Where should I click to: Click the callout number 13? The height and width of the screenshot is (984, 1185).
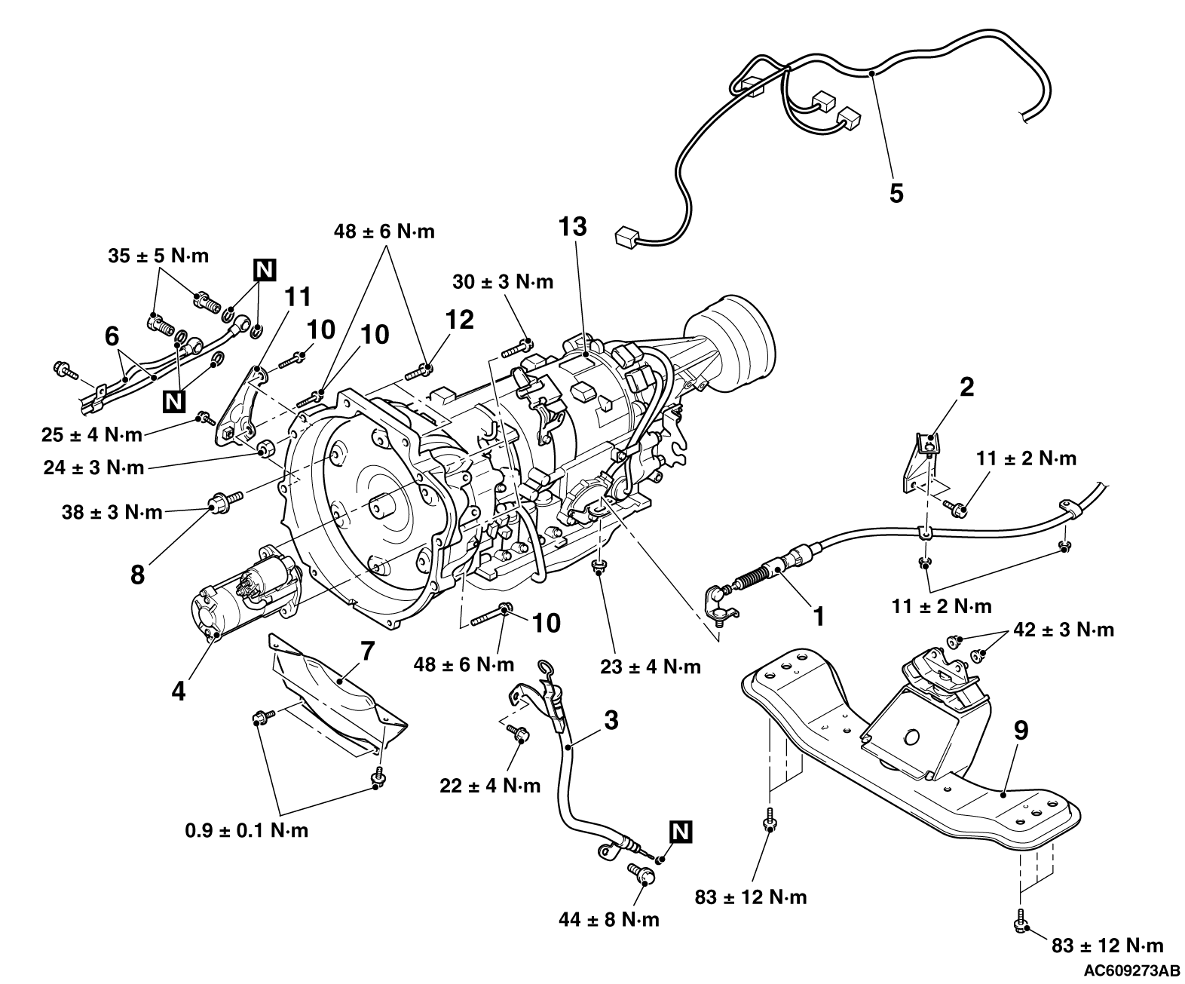coord(572,226)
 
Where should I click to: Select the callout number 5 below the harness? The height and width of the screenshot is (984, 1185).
coord(896,193)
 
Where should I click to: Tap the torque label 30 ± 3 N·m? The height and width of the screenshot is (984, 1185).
coord(503,282)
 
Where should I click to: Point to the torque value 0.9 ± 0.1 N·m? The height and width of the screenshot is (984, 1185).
coord(247,831)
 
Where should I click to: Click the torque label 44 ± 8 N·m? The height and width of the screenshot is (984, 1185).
coord(609,919)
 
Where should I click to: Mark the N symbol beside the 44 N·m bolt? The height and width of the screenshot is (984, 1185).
coord(681,832)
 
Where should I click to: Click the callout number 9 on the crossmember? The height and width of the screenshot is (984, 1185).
coord(1021,731)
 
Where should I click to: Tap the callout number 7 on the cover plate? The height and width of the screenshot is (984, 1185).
coord(369,651)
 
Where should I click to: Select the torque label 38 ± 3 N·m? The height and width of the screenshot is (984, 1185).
coord(112,513)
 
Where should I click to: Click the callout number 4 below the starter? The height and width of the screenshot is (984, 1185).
coord(179,691)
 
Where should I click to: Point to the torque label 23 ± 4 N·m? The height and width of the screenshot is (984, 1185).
coord(651,667)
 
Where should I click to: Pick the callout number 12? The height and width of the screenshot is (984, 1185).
coord(459,320)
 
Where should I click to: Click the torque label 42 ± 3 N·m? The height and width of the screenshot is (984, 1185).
coord(1064,630)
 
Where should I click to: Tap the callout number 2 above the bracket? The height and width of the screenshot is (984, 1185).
coord(966,388)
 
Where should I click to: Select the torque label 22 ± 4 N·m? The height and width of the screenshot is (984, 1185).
coord(490,786)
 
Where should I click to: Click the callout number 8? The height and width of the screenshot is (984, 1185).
coord(138,575)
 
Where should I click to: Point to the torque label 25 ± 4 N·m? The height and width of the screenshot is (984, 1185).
coord(92,435)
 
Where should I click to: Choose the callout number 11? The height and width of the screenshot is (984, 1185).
coord(298,297)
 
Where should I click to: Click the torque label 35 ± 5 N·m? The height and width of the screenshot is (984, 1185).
coord(158,256)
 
